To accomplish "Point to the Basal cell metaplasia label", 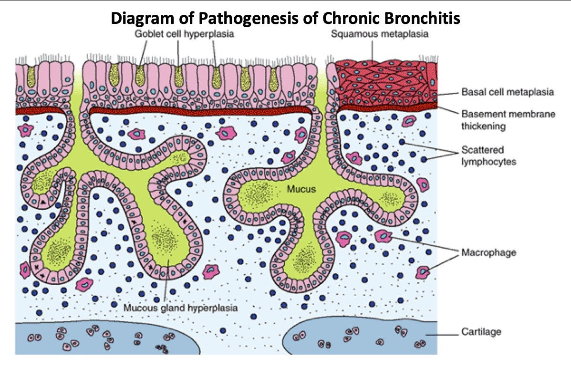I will tap(508, 92).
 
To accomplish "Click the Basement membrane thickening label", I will tap(508, 120).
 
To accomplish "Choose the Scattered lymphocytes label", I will tap(488, 156).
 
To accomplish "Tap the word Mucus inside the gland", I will tap(301, 189).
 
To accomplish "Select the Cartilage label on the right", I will tap(481, 331).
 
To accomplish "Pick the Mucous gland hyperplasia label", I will tap(180, 307).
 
